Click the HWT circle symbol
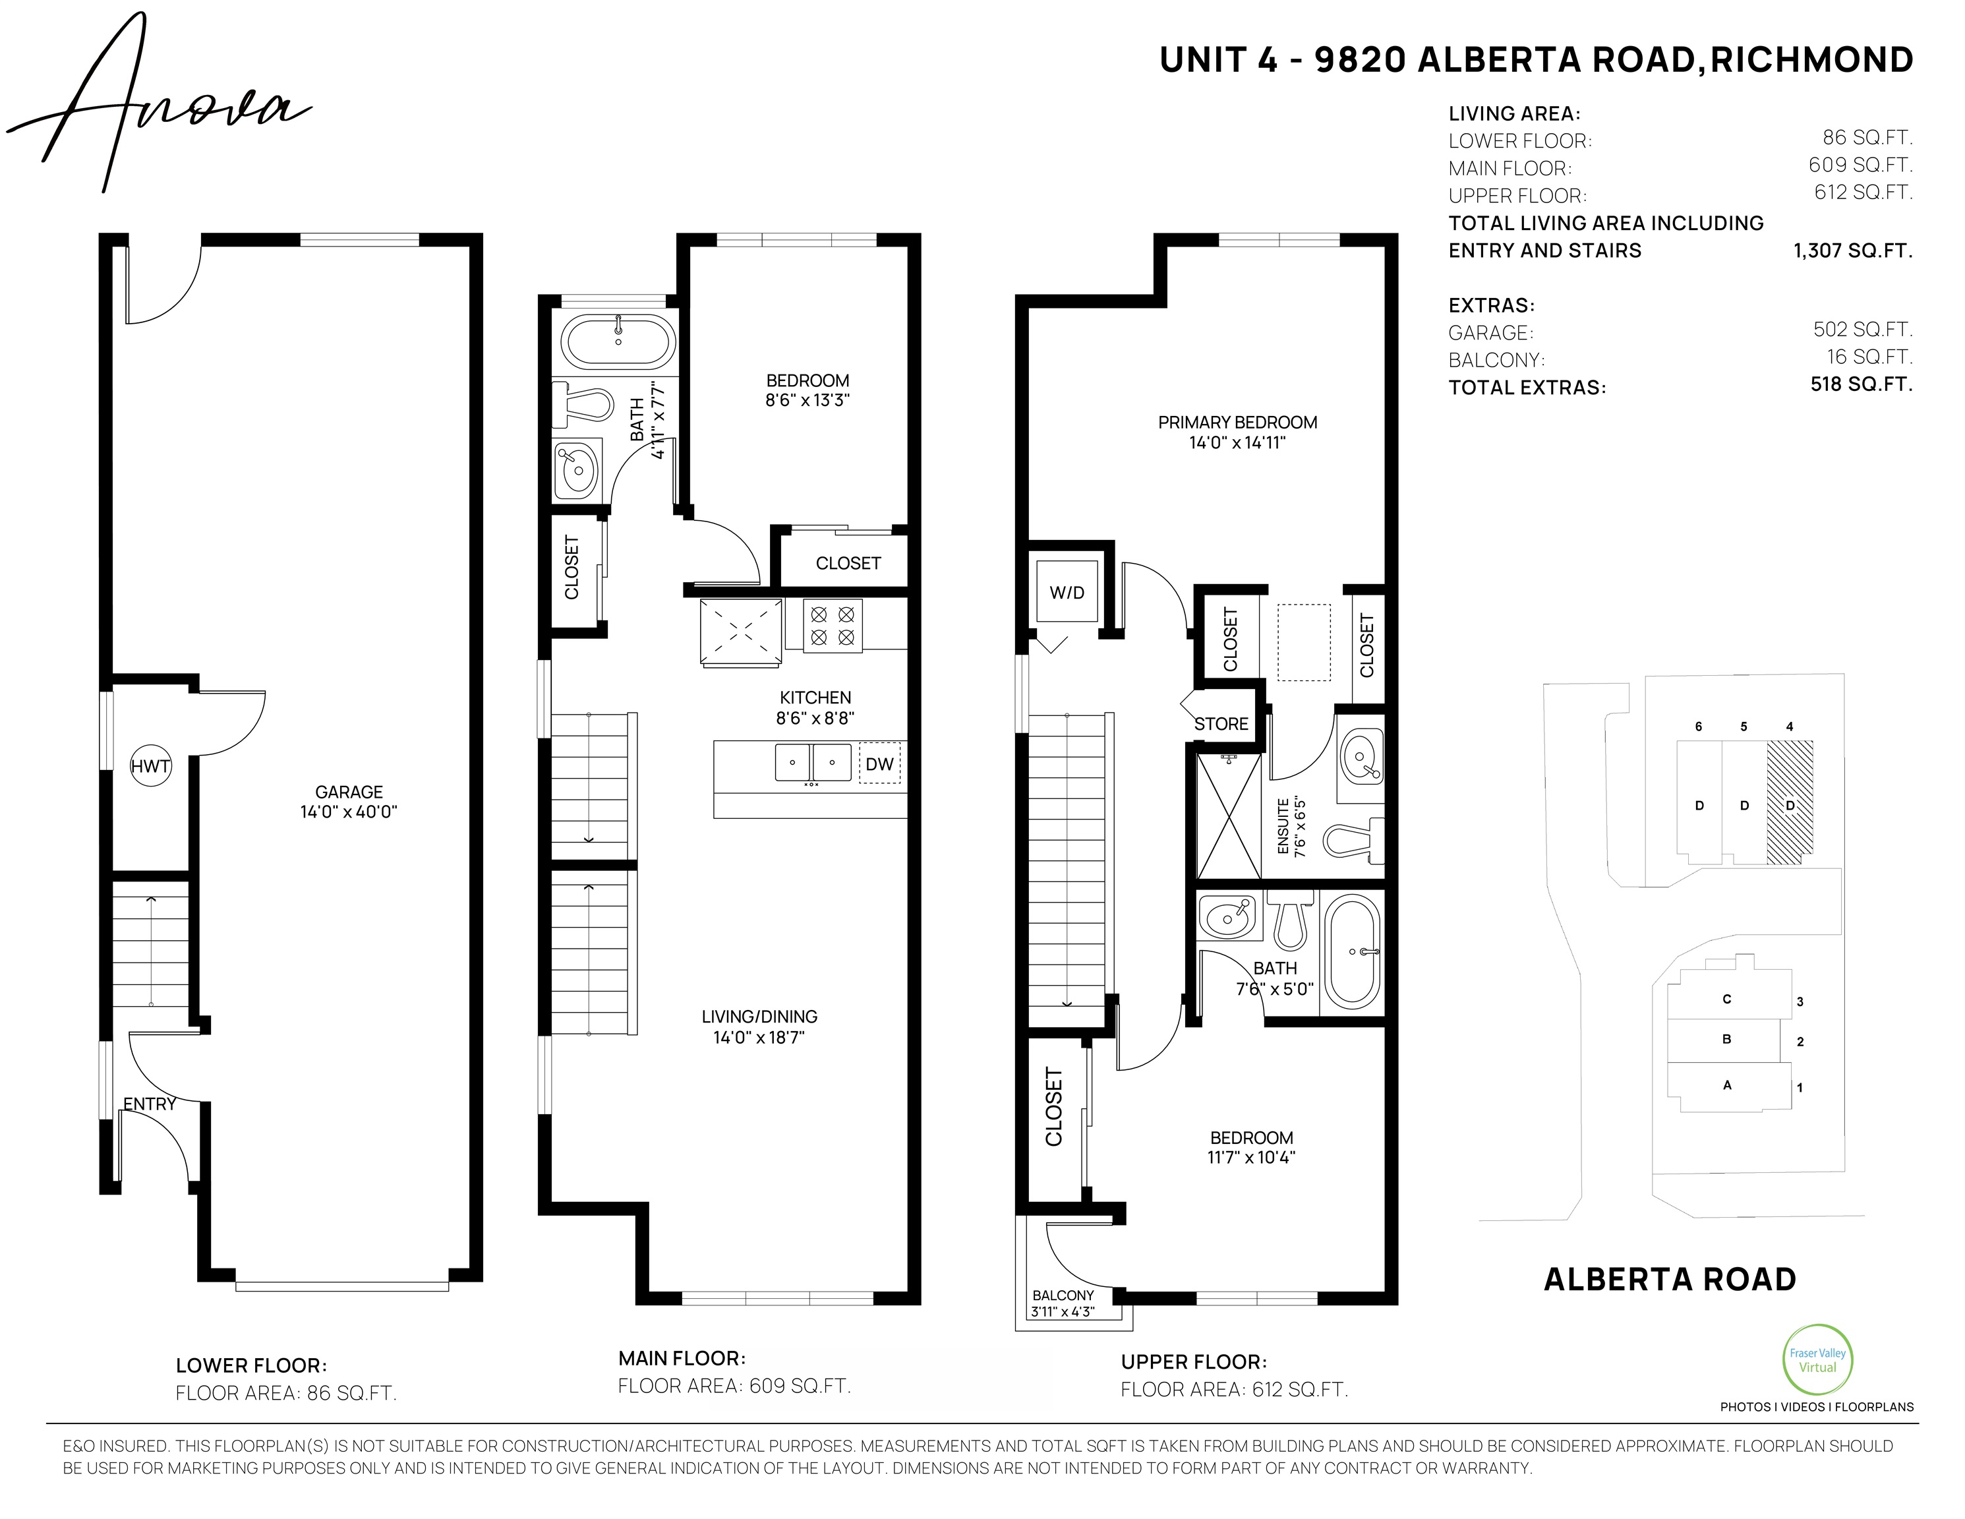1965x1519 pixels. tap(150, 766)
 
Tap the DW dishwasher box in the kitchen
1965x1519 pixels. tap(879, 763)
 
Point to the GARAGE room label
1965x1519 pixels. tap(349, 792)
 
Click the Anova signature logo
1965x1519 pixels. tap(158, 104)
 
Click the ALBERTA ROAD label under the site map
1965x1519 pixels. tap(1670, 1279)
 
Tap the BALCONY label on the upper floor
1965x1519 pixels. tap(1063, 1295)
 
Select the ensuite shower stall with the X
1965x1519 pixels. tap(1228, 816)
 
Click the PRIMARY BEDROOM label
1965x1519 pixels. tap(1237, 422)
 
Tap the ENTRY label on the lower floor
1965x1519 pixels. tap(150, 1104)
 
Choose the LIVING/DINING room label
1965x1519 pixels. tap(759, 1016)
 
